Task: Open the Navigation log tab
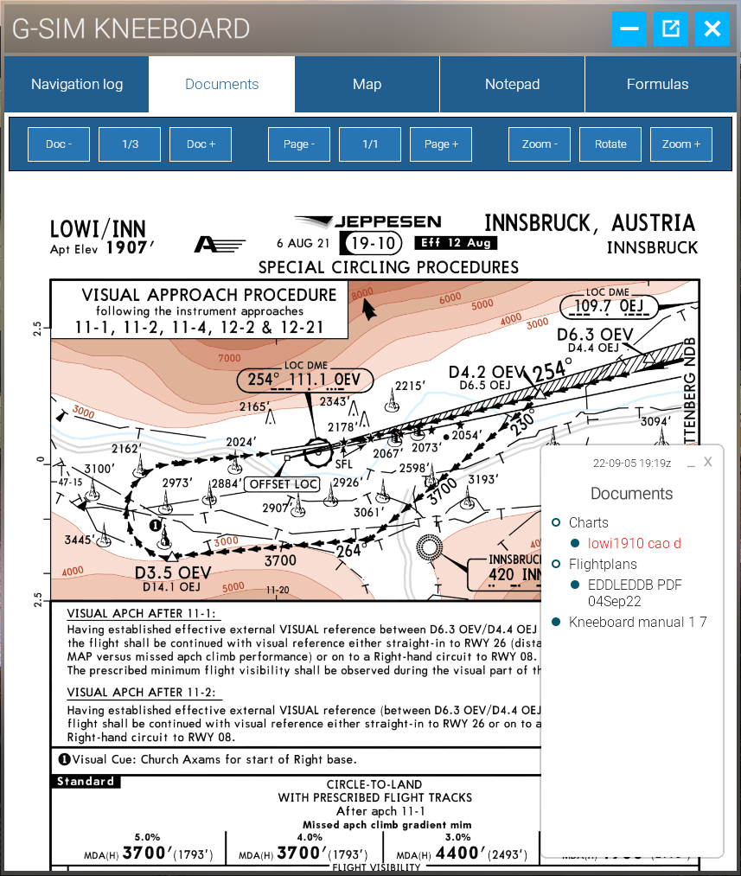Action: click(x=77, y=84)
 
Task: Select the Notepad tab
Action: click(x=512, y=84)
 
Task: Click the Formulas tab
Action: click(x=657, y=84)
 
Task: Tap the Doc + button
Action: click(x=201, y=144)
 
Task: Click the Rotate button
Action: click(x=610, y=144)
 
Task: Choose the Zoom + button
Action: click(x=681, y=144)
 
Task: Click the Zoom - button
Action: click(x=540, y=144)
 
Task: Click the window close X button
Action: click(x=712, y=29)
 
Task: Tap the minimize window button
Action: click(x=629, y=29)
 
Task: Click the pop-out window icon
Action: click(x=670, y=29)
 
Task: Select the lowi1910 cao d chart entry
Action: click(x=634, y=543)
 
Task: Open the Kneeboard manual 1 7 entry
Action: click(x=637, y=622)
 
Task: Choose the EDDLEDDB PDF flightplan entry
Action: click(x=634, y=592)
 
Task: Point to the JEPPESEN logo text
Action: click(x=386, y=222)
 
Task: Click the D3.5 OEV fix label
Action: click(x=173, y=572)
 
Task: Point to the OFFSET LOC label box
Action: click(x=282, y=484)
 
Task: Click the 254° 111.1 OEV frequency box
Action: click(x=304, y=380)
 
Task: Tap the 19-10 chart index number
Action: click(x=371, y=243)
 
